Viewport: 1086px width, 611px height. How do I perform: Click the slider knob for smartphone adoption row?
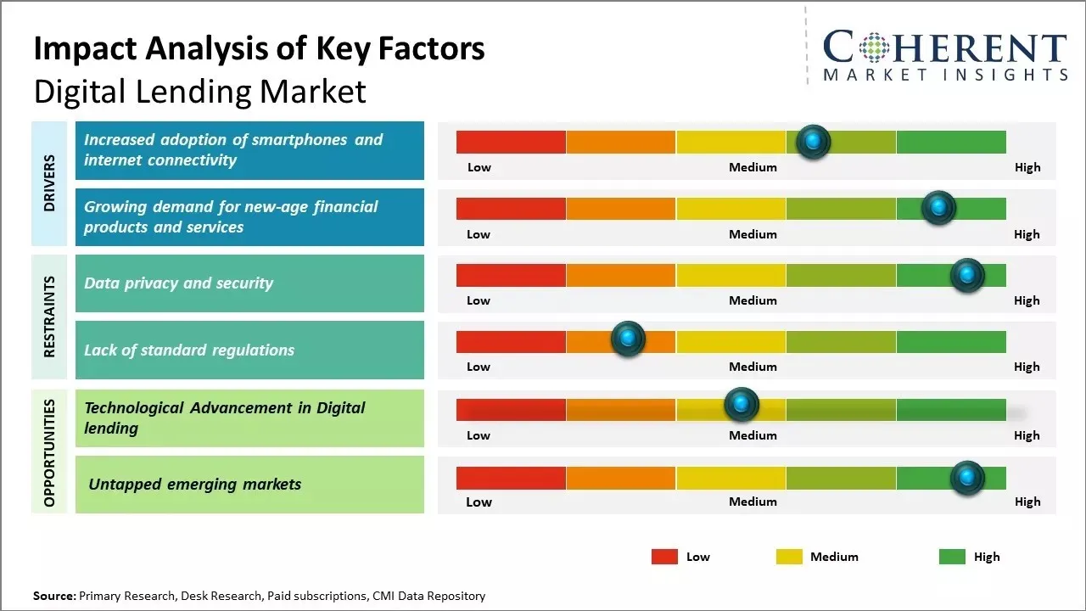coord(814,142)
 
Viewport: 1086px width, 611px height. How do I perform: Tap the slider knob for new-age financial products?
coord(938,208)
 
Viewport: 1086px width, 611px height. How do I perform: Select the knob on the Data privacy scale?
coord(967,275)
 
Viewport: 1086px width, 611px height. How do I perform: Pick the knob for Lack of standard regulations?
coord(628,339)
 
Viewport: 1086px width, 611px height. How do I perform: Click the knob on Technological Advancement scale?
coord(742,405)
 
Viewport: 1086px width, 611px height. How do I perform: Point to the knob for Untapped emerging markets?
coord(967,478)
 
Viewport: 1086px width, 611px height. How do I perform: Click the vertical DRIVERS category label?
coord(49,182)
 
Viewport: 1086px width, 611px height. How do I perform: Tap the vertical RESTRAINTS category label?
coord(49,316)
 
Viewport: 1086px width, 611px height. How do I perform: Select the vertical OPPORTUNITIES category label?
coord(49,452)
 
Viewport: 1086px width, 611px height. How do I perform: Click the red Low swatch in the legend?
coord(664,557)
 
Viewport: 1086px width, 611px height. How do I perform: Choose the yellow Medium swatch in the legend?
coord(789,557)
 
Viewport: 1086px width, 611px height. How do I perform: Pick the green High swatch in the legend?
coord(952,557)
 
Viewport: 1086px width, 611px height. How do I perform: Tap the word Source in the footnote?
coord(53,596)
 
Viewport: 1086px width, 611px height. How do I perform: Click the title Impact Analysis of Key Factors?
coord(259,49)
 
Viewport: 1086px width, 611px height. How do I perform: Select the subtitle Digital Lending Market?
coord(199,92)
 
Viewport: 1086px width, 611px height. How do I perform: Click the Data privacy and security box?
coord(249,283)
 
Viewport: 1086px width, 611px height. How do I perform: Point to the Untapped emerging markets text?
coord(195,485)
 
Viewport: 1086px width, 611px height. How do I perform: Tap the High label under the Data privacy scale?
coord(1027,300)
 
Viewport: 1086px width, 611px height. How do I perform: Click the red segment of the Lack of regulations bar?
coord(511,341)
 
